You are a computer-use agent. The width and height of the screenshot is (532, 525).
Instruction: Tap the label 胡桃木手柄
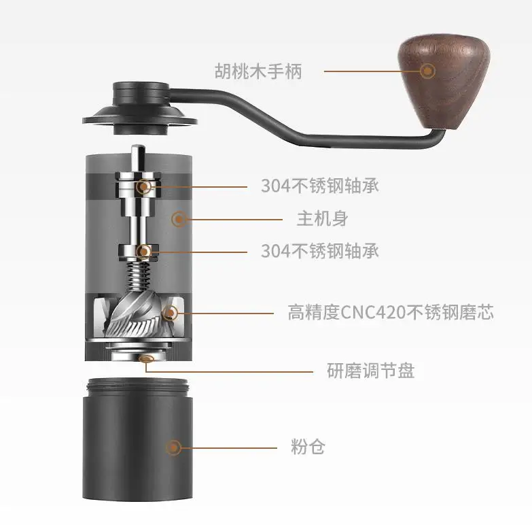coord(258,71)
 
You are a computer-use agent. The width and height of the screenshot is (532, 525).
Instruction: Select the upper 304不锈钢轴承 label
coord(319,186)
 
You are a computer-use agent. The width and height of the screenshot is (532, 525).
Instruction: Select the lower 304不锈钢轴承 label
coord(319,251)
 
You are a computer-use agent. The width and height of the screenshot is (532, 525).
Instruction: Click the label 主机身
coord(322,218)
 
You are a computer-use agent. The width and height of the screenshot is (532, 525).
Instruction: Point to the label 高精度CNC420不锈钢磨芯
coord(391,312)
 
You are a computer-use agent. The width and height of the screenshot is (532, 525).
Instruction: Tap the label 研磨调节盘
coord(370,371)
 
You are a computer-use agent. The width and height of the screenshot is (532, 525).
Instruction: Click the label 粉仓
coord(308,447)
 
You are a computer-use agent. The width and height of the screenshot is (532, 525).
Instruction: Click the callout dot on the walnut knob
coord(427,71)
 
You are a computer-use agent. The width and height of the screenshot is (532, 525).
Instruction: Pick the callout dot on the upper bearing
coord(144,186)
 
